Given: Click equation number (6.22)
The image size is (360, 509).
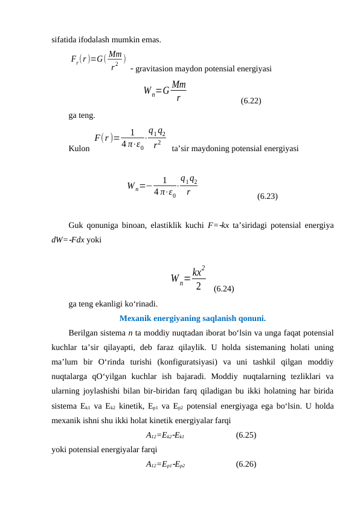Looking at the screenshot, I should coord(251,101).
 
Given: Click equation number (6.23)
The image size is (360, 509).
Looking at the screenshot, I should coord(268,196).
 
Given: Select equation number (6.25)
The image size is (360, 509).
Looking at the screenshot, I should coord(246,434).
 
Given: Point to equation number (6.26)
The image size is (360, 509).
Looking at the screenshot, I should coord(246,464).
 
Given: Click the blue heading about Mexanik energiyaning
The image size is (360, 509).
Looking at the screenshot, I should coord(193,319).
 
